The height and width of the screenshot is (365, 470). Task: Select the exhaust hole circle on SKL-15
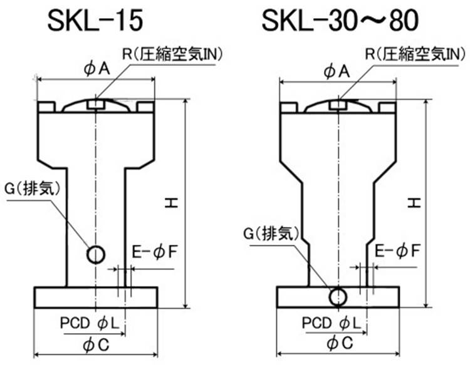point(96,254)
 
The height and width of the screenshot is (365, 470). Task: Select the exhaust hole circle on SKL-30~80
point(338,295)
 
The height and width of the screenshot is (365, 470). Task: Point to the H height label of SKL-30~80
point(414,202)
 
